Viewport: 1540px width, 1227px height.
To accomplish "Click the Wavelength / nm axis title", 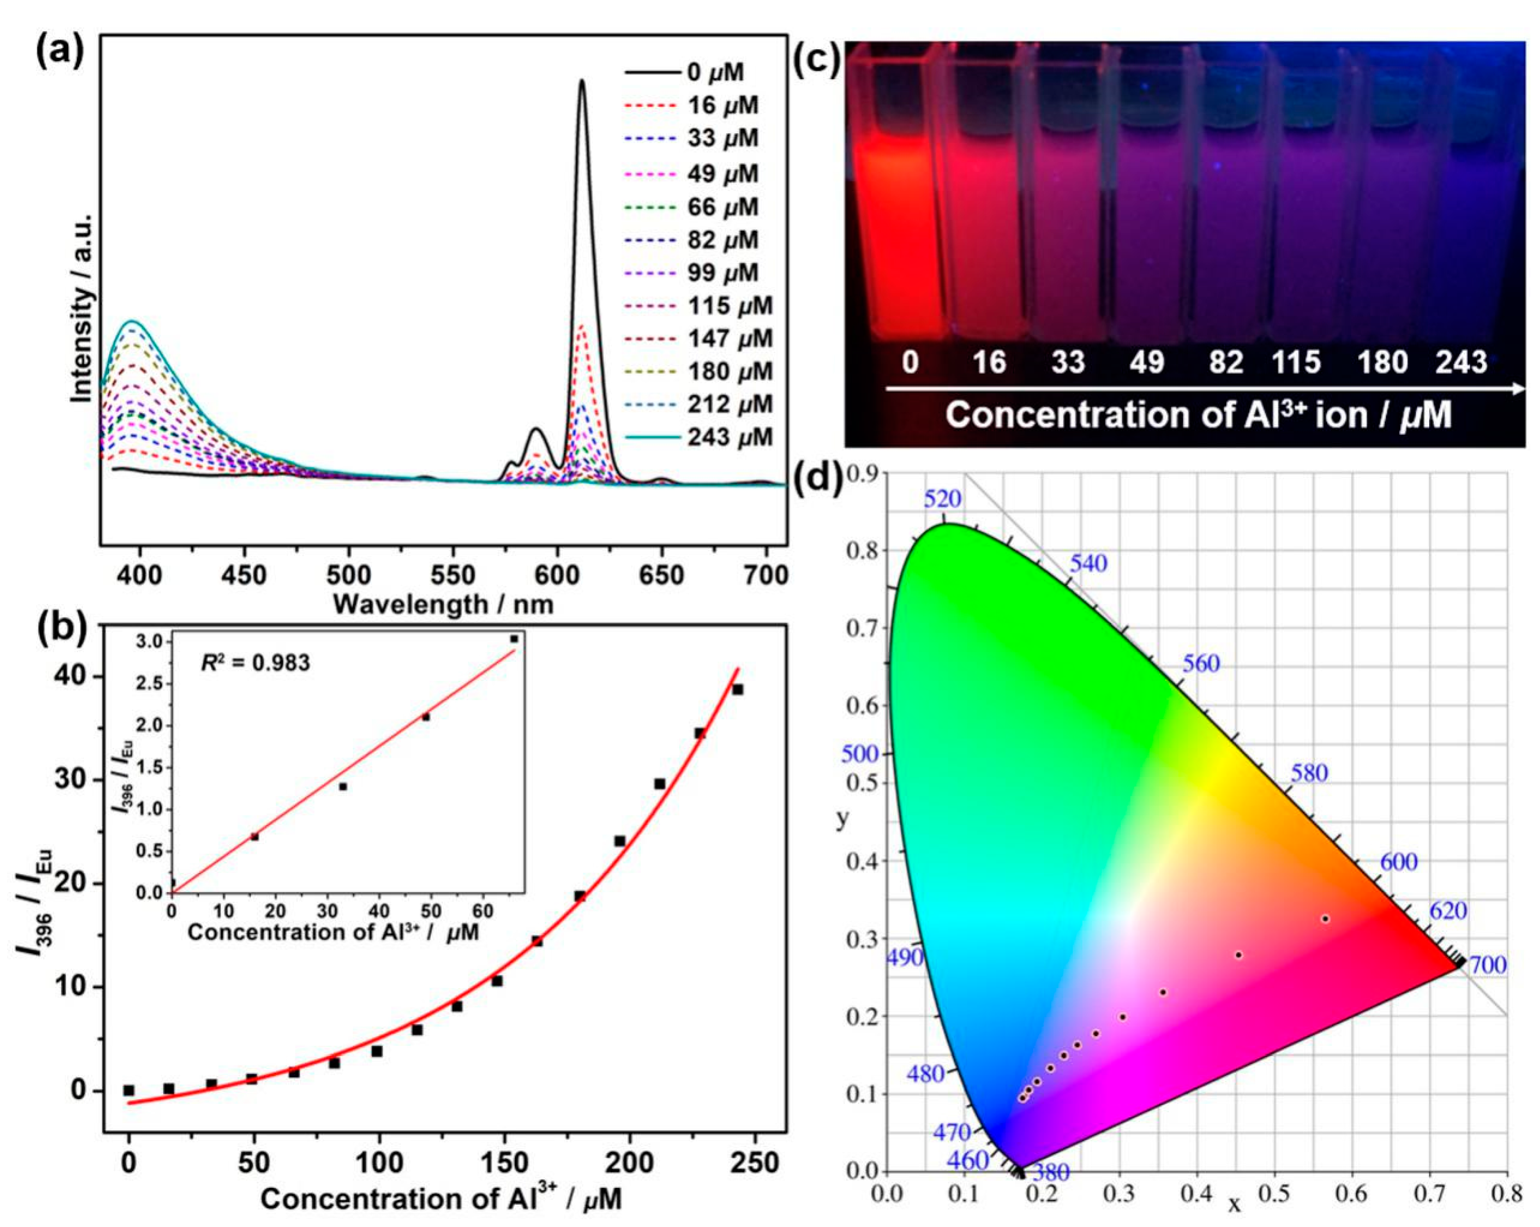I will tap(443, 604).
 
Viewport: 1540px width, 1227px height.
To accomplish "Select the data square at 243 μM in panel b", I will tap(738, 689).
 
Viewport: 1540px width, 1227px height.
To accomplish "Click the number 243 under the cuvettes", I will tap(1461, 363).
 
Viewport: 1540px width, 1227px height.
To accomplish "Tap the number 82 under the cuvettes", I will tap(1226, 363).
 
